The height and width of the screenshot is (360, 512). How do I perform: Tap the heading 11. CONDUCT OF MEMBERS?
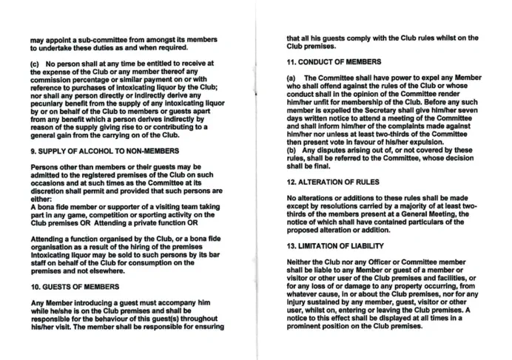[329, 61]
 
